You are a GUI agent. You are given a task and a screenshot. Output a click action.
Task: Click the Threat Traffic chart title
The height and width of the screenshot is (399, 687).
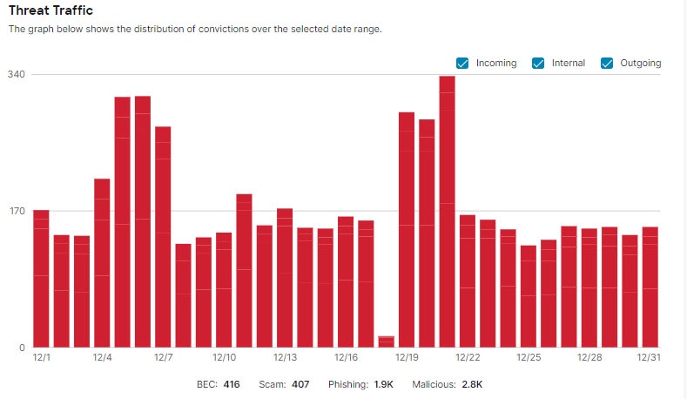51,10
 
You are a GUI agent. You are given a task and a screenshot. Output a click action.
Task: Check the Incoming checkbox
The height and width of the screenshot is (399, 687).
462,63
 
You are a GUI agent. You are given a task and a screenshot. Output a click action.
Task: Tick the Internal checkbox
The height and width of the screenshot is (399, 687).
538,63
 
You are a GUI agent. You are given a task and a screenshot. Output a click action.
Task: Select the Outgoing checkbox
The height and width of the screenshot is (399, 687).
607,63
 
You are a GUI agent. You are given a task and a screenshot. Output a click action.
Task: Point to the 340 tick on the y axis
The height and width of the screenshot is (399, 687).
16,74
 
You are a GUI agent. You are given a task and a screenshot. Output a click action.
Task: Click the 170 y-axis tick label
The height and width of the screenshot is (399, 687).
16,211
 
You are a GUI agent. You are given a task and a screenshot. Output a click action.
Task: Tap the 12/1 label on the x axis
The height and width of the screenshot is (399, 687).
41,357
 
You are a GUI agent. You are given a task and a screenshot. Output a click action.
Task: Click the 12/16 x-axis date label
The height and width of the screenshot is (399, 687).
346,357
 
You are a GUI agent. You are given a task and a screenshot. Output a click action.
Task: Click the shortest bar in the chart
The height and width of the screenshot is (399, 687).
386,342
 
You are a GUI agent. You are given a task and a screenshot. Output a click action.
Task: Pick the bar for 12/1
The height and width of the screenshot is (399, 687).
41,279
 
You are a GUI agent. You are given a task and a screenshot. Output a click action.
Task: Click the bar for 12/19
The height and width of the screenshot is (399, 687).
406,230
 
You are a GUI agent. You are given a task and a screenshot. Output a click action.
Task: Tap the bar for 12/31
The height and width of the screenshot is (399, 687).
650,287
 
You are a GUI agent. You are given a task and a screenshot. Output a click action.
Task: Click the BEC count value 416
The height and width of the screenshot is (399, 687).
231,384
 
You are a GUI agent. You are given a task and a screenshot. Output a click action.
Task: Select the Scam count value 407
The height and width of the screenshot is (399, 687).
300,384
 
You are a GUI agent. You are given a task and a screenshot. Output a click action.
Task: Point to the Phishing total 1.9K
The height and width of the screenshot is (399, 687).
384,384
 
